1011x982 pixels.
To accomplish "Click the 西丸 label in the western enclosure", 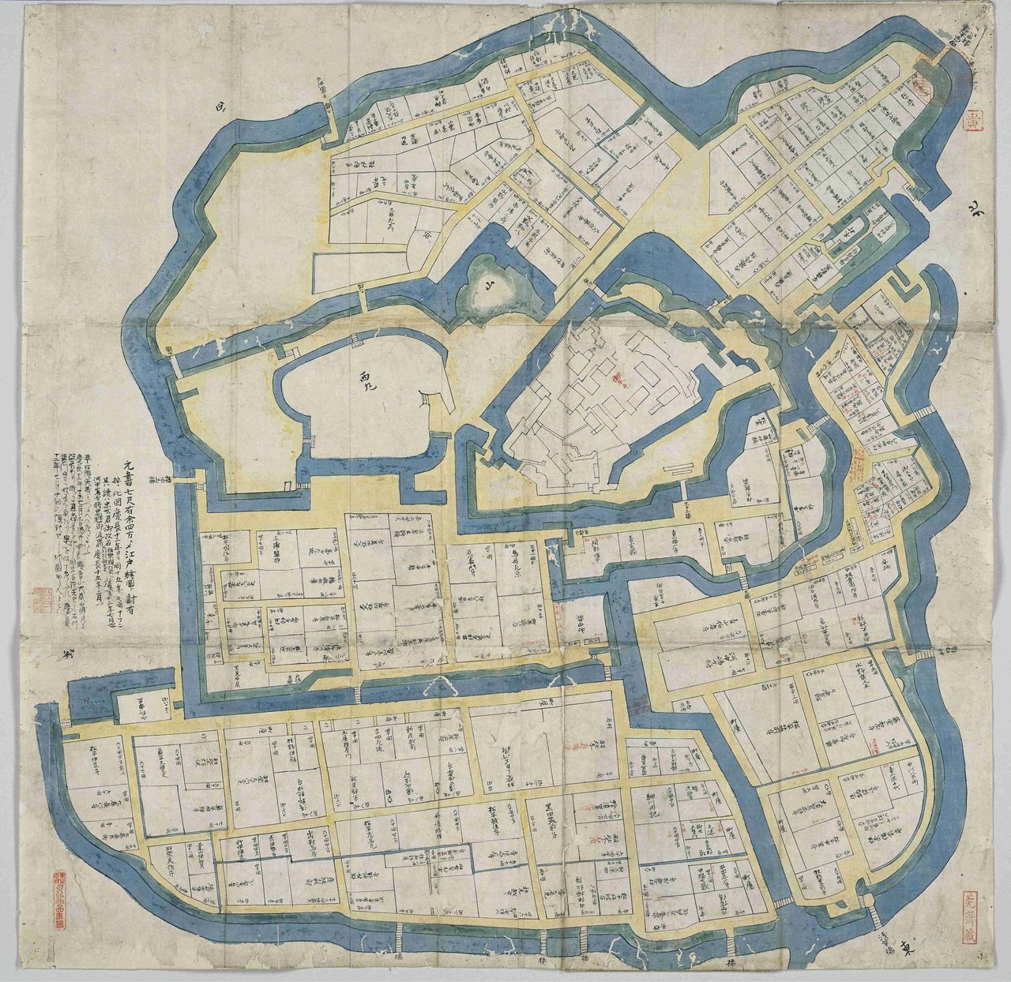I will pos(365,376).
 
